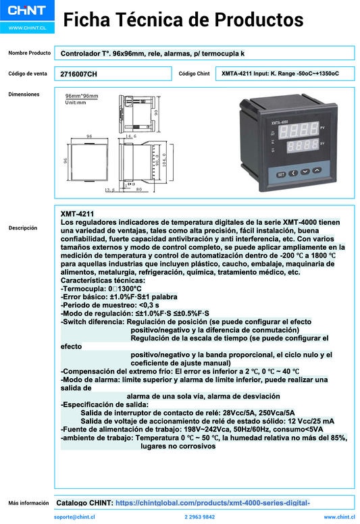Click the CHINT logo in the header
26,12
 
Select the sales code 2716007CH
78,74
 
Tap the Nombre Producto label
29,53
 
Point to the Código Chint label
195,74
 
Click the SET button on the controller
281,174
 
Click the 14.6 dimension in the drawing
131,136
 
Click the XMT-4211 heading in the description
78,213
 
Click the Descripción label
23,228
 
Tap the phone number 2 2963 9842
199,517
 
